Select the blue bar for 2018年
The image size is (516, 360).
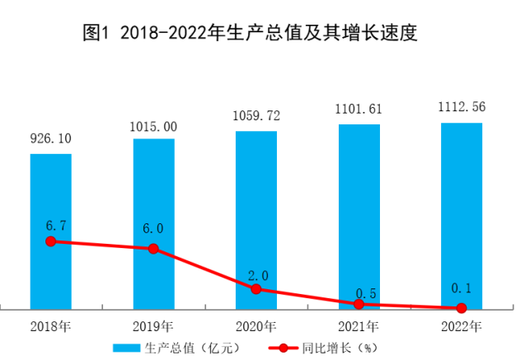[x=51, y=231]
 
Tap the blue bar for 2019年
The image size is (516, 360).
[x=153, y=222]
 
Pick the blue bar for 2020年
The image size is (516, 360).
[x=256, y=219]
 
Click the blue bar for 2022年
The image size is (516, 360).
[x=461, y=215]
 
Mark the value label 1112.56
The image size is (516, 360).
[x=461, y=109]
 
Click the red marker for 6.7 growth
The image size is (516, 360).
[x=51, y=241]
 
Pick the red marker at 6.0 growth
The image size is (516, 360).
[x=153, y=248]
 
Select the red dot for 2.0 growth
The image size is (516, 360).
[x=256, y=289]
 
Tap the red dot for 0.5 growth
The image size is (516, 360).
[x=359, y=304]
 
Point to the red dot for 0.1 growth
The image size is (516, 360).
[x=461, y=308]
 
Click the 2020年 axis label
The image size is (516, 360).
[x=256, y=325]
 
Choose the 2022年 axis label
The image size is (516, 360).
[x=461, y=325]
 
